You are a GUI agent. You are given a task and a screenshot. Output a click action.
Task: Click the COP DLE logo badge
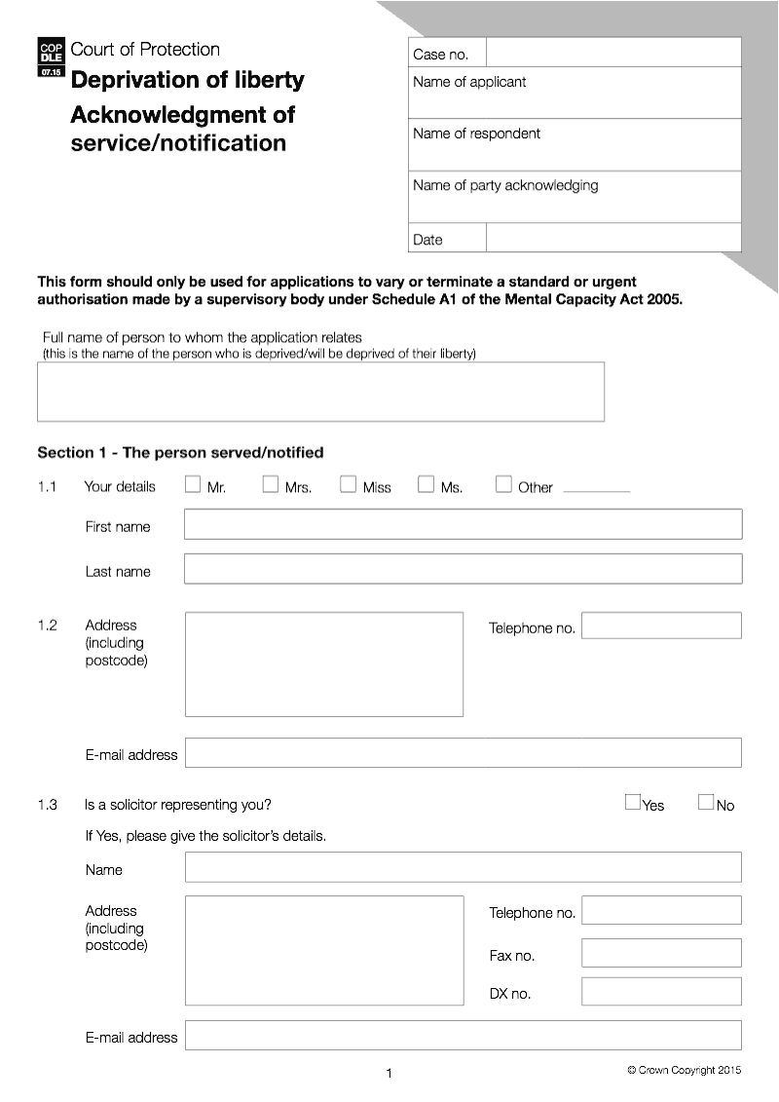click(x=51, y=58)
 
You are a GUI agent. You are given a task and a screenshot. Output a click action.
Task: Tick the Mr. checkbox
click(x=193, y=484)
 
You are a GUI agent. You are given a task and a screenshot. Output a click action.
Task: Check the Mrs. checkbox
click(x=271, y=484)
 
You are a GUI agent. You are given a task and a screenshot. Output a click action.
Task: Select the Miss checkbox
click(x=348, y=484)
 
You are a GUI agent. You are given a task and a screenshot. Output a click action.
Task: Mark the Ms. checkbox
click(x=426, y=484)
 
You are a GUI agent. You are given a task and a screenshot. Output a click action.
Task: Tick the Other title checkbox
click(x=503, y=484)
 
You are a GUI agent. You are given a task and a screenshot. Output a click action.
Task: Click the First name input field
click(x=463, y=524)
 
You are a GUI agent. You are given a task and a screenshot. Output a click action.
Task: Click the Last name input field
click(x=463, y=569)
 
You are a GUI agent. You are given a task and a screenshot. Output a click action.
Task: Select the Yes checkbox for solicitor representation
click(x=633, y=803)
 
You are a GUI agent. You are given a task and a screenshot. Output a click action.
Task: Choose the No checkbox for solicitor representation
click(x=706, y=803)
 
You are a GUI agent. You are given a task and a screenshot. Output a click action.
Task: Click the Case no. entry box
click(x=612, y=53)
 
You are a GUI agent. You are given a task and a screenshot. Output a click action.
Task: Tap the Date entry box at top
click(x=612, y=239)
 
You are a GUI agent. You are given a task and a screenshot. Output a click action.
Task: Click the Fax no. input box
click(x=661, y=953)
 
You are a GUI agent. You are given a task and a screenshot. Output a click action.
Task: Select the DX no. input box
click(x=661, y=991)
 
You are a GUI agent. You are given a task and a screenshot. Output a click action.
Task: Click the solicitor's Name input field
click(x=463, y=867)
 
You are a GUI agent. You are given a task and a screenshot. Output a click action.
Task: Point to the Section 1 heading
click(x=180, y=452)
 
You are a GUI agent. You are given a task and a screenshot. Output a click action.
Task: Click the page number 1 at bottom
click(x=389, y=1074)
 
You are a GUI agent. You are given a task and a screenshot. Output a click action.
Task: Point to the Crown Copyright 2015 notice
click(x=684, y=1070)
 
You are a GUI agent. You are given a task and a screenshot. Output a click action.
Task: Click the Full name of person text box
click(x=320, y=392)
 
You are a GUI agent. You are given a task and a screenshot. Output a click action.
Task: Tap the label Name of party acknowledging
click(x=505, y=185)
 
